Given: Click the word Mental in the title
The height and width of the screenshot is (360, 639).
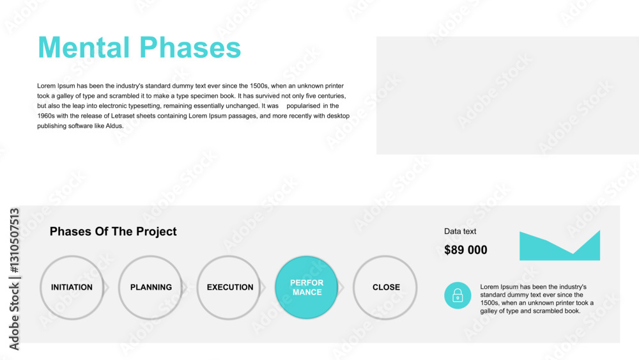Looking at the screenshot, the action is pyautogui.click(x=84, y=47).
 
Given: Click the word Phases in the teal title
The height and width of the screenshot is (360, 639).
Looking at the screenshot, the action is pyautogui.click(x=190, y=47).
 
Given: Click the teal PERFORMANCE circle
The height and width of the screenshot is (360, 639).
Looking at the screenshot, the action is pyautogui.click(x=307, y=288).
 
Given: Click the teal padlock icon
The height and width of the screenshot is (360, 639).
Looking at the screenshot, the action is pyautogui.click(x=458, y=295).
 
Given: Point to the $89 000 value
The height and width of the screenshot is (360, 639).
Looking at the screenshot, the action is pyautogui.click(x=466, y=250).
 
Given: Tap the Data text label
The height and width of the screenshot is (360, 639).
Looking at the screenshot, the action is pyautogui.click(x=460, y=231).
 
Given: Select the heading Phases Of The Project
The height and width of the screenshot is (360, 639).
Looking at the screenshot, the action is pyautogui.click(x=113, y=231).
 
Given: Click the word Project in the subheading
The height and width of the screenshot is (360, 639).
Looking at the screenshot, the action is pyautogui.click(x=157, y=232).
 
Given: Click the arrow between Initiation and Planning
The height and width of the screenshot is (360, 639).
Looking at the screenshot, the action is pyautogui.click(x=107, y=288).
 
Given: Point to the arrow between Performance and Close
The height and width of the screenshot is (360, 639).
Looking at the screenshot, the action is pyautogui.click(x=341, y=288).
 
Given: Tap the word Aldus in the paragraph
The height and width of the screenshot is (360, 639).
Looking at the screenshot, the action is pyautogui.click(x=114, y=126).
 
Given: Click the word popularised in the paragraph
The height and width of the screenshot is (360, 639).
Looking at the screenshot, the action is pyautogui.click(x=303, y=106).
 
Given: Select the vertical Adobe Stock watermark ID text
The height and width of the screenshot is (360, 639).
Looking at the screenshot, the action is pyautogui.click(x=14, y=279).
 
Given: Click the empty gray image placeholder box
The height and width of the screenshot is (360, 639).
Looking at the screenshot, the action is pyautogui.click(x=507, y=95).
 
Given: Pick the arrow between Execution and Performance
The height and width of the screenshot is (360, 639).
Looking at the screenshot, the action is pyautogui.click(x=263, y=288).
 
